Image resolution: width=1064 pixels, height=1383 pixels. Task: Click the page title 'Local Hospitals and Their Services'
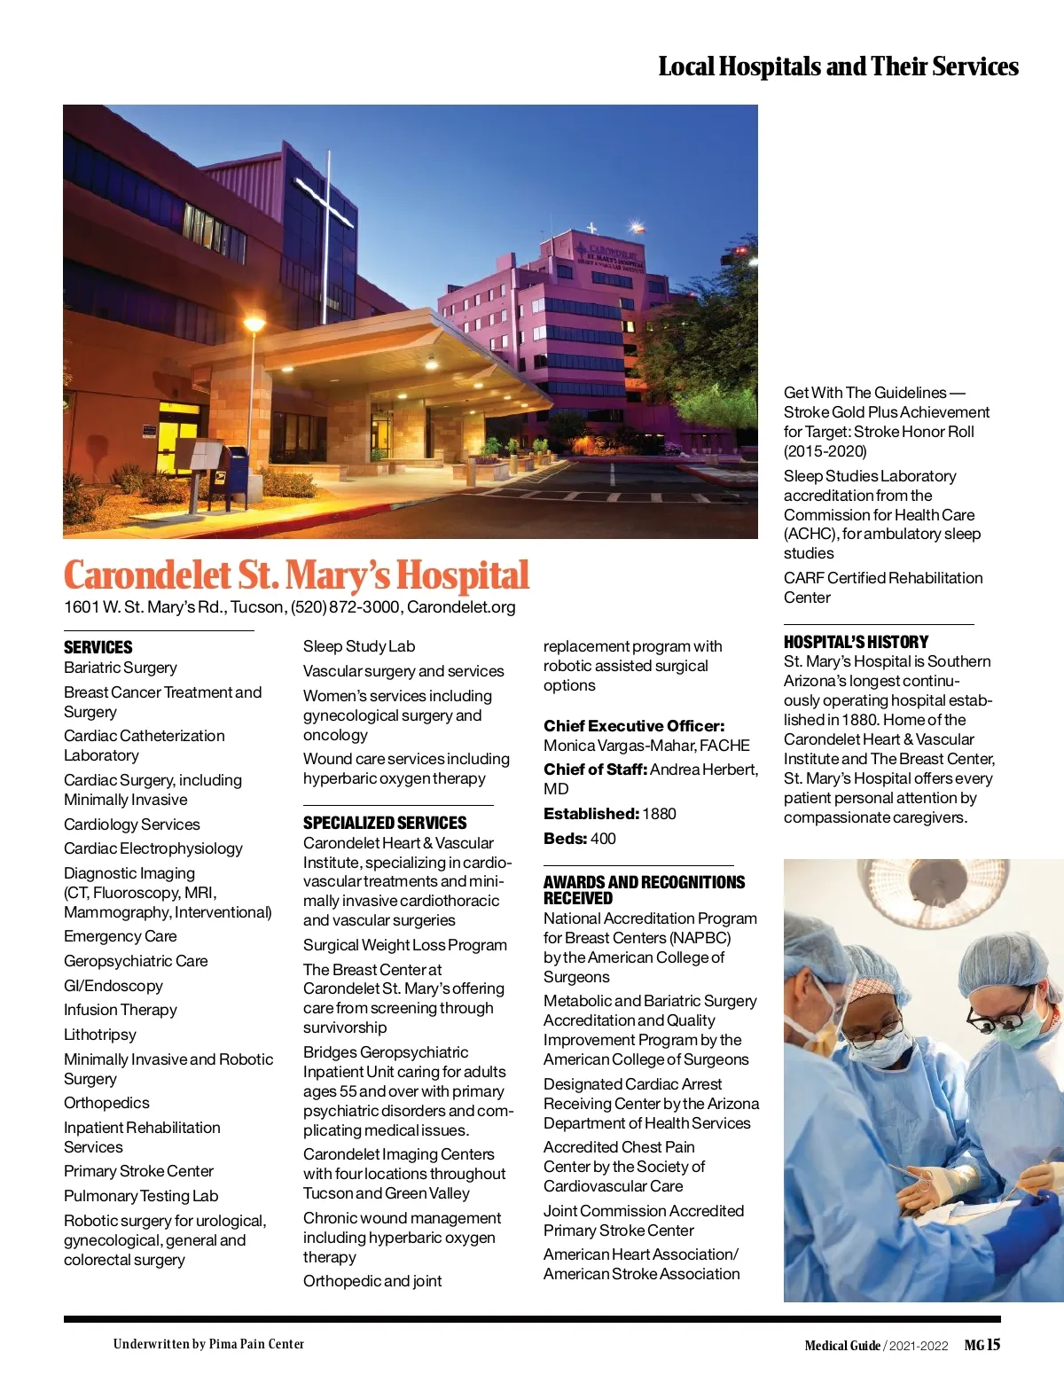(x=838, y=66)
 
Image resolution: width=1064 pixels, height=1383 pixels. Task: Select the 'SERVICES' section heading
(x=98, y=647)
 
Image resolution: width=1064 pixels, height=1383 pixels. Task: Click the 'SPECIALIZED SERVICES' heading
(x=385, y=823)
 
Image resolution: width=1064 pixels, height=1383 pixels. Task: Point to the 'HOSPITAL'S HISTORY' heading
(x=856, y=642)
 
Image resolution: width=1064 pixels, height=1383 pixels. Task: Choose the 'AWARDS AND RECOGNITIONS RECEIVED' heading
(x=644, y=889)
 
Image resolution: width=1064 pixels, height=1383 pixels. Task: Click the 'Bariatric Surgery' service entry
(x=121, y=668)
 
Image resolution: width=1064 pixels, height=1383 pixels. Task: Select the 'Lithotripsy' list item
(x=100, y=1035)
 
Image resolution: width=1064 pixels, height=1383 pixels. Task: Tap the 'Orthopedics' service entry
(x=106, y=1103)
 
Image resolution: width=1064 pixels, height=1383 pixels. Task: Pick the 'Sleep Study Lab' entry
(x=359, y=646)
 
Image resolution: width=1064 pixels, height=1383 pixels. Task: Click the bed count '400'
(x=603, y=839)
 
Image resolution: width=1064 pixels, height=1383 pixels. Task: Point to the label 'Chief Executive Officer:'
(x=634, y=726)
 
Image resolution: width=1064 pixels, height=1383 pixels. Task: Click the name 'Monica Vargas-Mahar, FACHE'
(x=646, y=746)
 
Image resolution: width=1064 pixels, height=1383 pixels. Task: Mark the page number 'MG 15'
(x=982, y=1345)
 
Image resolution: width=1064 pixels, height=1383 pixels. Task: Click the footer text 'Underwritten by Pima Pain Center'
(x=208, y=1344)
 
